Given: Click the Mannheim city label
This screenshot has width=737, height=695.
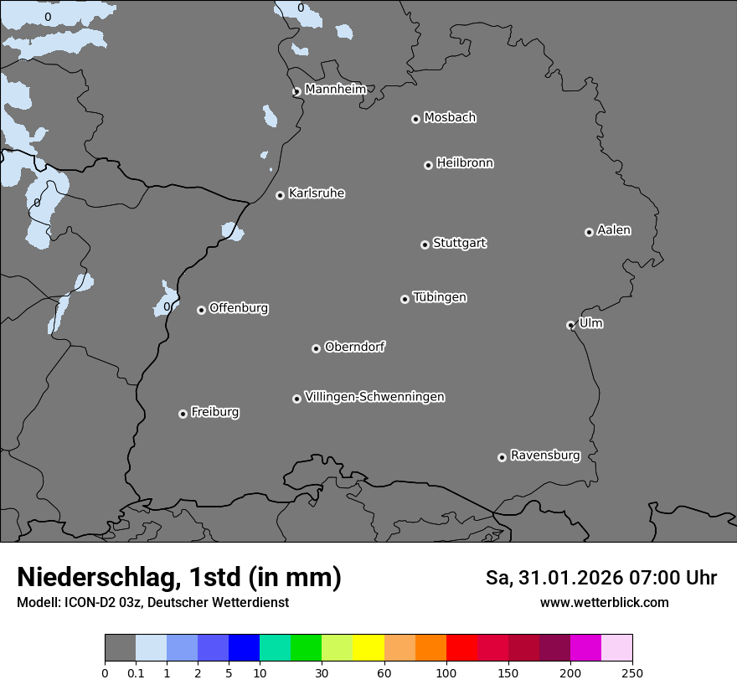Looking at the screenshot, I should point(335,89).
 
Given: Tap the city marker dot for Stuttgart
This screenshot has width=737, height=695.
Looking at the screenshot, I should point(425,245).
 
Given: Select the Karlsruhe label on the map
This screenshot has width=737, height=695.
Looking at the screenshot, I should point(317,193).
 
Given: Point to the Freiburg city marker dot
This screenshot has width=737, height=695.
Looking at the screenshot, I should point(183,414).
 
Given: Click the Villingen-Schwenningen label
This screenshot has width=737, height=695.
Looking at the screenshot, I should point(374,397).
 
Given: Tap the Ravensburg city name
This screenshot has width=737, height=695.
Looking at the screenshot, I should point(545,456).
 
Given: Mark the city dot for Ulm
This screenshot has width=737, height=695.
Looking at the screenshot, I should point(570,325).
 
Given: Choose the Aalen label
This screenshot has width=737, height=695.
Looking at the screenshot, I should point(614,230).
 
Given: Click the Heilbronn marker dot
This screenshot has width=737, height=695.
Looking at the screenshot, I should point(428,165).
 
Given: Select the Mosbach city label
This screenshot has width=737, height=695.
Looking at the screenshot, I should point(450,118).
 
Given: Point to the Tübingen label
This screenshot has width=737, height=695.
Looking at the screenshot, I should point(440,297).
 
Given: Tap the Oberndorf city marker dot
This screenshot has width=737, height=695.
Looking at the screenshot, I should point(316,348).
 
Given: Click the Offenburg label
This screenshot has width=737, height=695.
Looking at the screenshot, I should point(239,308).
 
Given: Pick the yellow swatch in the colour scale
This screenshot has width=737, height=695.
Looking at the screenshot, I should point(368,648).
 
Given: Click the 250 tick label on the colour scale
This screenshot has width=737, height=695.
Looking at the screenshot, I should point(632,672).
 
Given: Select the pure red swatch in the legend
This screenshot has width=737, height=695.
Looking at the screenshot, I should point(461,648).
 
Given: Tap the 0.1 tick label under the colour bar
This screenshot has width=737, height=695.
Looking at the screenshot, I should point(136,672).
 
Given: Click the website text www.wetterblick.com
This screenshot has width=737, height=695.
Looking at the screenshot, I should point(605,602).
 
